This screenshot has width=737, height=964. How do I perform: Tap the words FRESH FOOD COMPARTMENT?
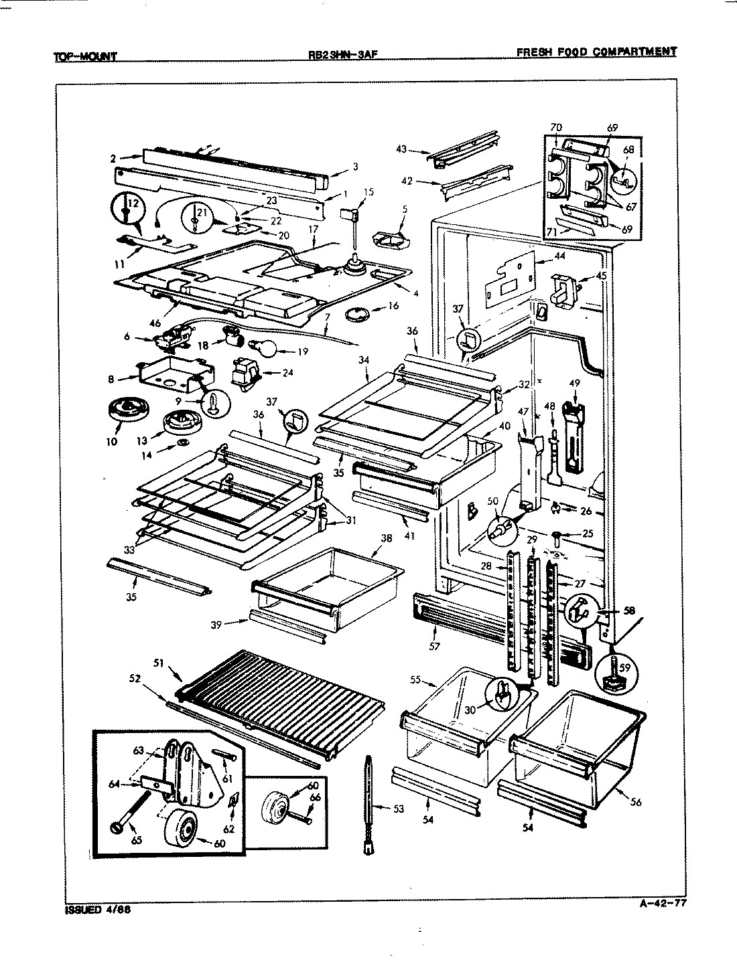pos(596,52)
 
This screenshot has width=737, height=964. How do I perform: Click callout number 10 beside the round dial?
pos(111,441)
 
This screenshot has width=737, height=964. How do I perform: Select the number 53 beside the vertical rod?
pos(398,809)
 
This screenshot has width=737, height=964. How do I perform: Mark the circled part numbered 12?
pos(126,210)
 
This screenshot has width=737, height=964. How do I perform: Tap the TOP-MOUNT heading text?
pos(85,57)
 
